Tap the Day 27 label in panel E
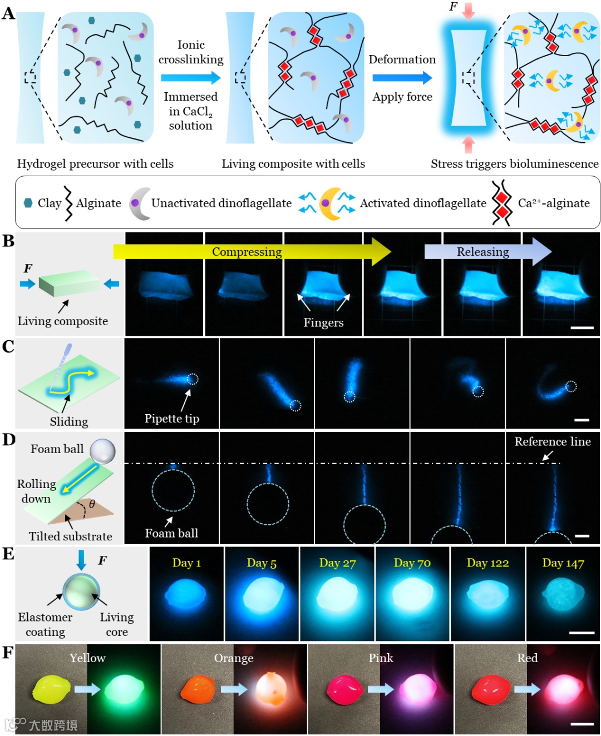(337, 563)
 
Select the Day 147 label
(563, 563)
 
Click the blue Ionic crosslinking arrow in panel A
(191, 78)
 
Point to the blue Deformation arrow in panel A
(402, 78)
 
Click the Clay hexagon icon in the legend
(28, 203)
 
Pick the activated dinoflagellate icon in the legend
(327, 203)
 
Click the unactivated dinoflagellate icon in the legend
(140, 203)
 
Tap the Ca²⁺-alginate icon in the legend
(501, 203)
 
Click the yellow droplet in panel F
(50, 689)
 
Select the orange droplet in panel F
(199, 689)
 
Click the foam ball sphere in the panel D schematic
(102, 451)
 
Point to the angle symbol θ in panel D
(92, 504)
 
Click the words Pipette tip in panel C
(171, 419)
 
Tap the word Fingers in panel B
(323, 322)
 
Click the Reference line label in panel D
(552, 441)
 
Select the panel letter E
(8, 554)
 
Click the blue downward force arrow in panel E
(82, 560)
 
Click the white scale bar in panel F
(582, 724)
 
